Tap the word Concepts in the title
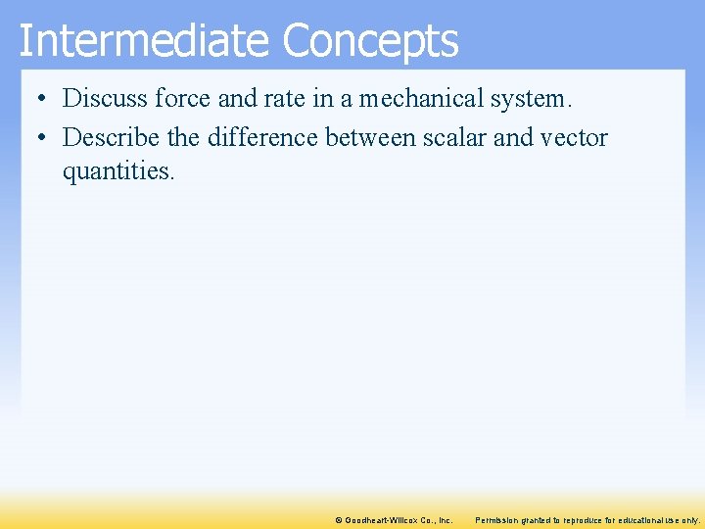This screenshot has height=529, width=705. [x=370, y=41]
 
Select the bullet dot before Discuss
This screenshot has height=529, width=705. [x=36, y=99]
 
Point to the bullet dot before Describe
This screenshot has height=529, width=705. [x=36, y=138]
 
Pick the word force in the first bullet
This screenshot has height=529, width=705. [x=179, y=98]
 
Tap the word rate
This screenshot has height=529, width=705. [x=285, y=98]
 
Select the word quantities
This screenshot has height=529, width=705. [x=117, y=171]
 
